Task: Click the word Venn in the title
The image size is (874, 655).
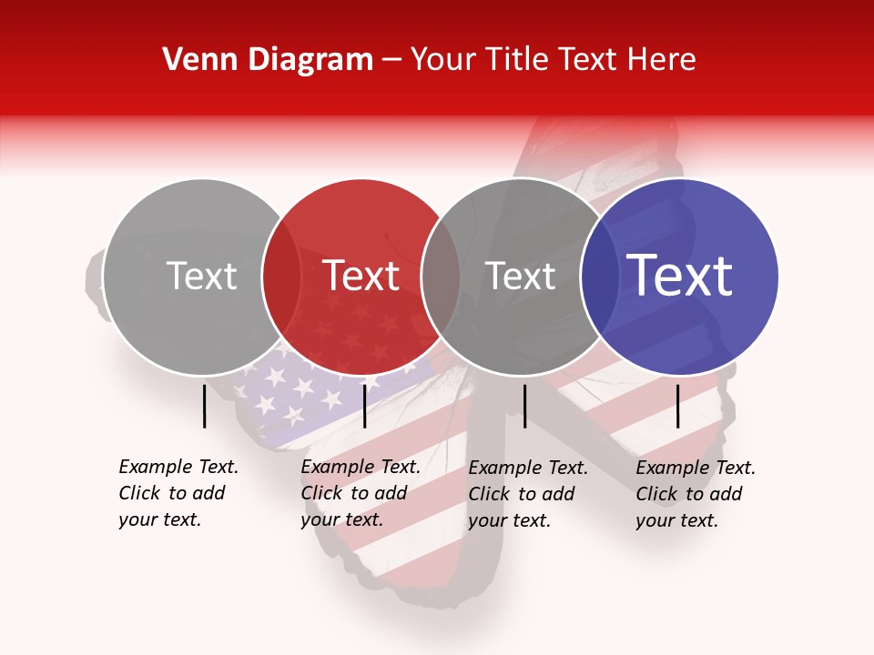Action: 192,60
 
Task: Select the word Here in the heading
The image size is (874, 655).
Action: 665,60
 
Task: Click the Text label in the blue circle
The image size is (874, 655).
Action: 680,276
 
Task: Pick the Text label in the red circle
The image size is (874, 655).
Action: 361,276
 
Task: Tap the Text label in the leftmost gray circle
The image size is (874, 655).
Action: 202,276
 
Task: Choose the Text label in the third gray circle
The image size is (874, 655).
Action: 520,276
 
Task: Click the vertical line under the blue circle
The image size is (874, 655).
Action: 678,406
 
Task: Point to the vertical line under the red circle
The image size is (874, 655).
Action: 364,406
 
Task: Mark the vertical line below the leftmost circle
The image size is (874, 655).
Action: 205,406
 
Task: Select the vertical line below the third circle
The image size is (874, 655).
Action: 524,406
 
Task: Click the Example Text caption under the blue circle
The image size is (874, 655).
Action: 695,494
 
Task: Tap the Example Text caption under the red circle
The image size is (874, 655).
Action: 360,493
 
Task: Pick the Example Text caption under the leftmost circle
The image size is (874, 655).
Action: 178,493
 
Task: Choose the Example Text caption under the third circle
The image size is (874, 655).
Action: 527,494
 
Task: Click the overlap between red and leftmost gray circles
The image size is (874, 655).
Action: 281,277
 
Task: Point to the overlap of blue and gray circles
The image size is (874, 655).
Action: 596,277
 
